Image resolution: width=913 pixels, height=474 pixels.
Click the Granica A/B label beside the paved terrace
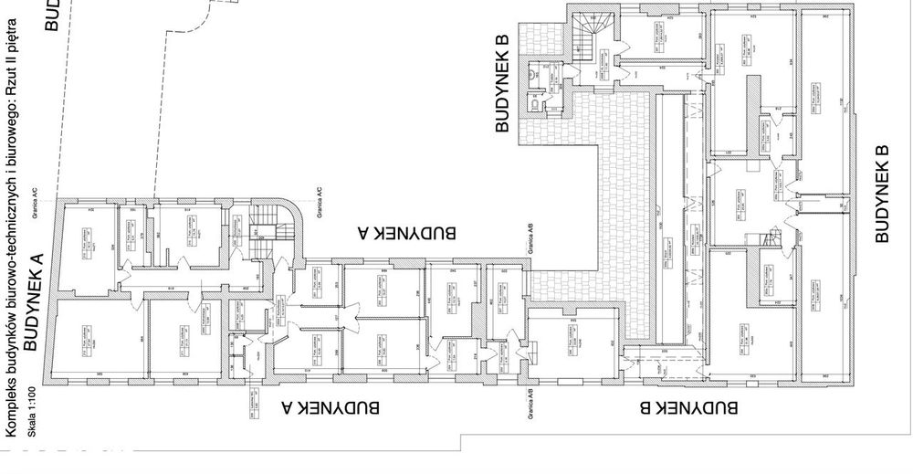527,240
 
